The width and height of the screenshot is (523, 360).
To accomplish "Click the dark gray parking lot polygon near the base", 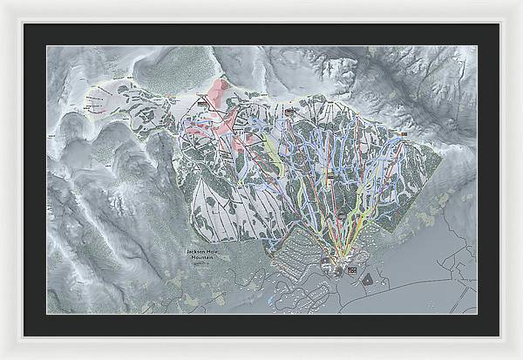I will (366, 280).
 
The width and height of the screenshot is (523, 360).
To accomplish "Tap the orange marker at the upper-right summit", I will (404, 132).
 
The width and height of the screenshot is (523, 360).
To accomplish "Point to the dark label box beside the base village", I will (352, 270).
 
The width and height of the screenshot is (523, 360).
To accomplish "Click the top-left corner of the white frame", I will (3, 3).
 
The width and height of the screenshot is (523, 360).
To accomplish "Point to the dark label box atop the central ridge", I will (289, 111).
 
